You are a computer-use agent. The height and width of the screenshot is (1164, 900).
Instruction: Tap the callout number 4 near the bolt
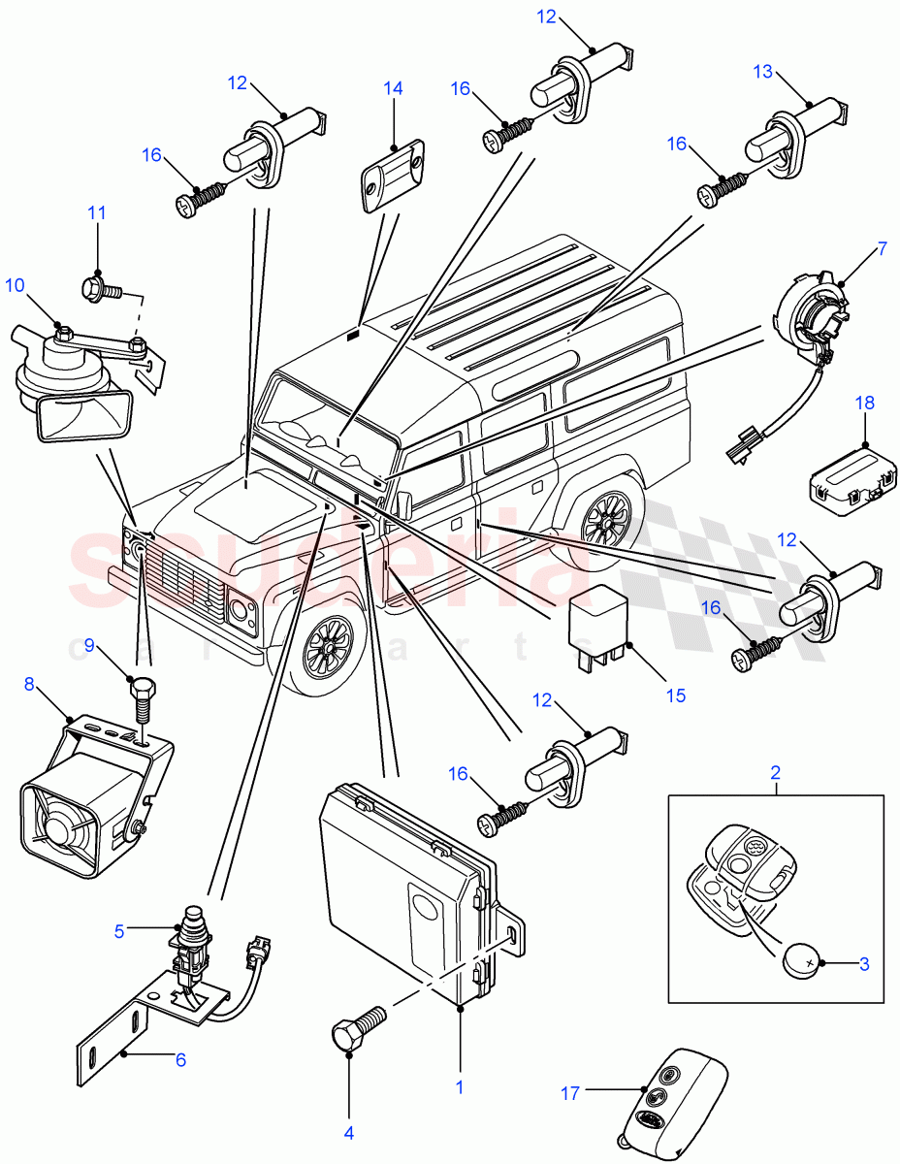point(348,1131)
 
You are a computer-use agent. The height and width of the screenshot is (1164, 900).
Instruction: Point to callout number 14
point(392,88)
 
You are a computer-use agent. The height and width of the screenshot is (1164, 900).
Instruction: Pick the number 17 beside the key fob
point(570,1093)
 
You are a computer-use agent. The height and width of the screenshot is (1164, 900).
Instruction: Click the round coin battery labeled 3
point(801,963)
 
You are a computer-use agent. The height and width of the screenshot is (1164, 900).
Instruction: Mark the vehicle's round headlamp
point(238,610)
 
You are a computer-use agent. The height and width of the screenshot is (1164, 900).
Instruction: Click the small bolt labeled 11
point(102,287)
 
